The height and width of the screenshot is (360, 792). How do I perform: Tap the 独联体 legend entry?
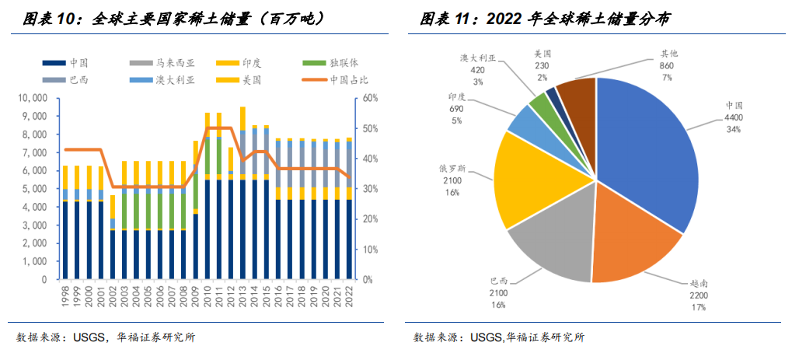pos(343,62)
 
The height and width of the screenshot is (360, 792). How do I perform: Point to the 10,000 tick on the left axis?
pos(32,98)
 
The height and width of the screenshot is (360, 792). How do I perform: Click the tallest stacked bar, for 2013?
pos(243,194)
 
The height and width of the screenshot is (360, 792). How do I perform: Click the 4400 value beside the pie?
pos(733,117)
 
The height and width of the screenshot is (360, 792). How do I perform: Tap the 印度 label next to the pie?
pos(457,97)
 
